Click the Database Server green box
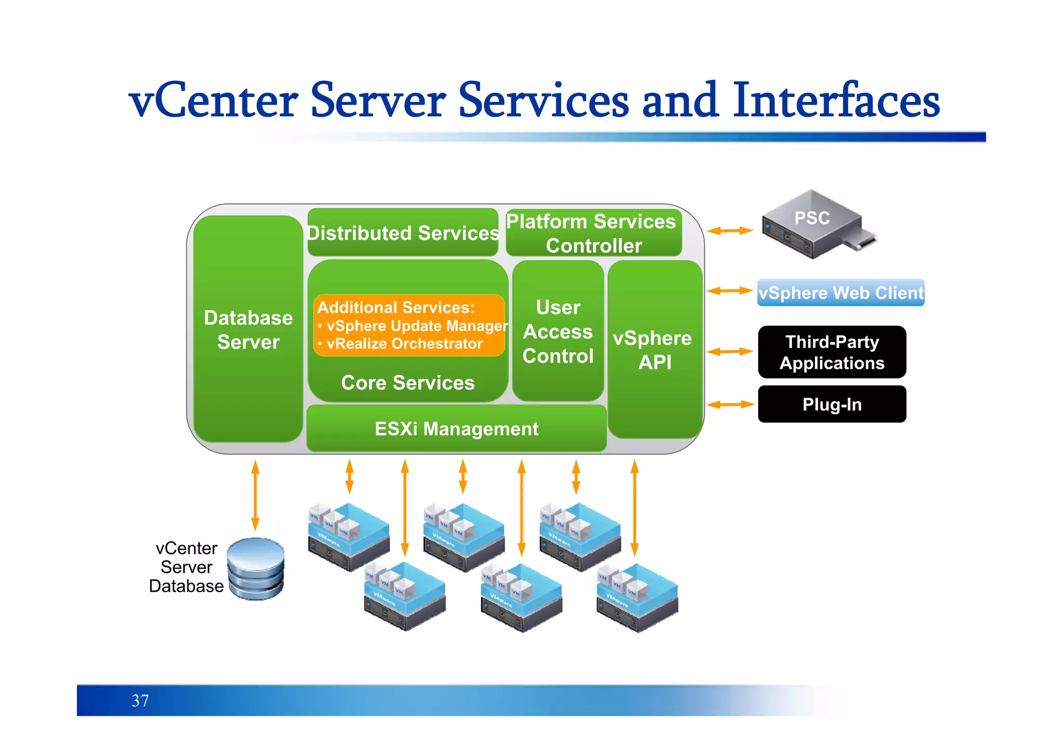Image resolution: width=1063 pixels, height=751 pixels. click(x=248, y=329)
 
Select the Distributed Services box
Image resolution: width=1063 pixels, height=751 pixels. click(x=403, y=233)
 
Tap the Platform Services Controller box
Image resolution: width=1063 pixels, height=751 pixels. click(x=593, y=233)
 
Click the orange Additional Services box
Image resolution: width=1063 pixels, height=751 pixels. click(x=409, y=325)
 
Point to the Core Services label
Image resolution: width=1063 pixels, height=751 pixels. click(x=408, y=383)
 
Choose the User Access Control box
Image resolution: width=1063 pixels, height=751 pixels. click(x=558, y=331)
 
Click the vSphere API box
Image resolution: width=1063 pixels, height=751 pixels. click(x=655, y=350)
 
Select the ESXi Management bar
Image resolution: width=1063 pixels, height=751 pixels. click(x=456, y=429)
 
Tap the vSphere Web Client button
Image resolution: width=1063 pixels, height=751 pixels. click(x=840, y=293)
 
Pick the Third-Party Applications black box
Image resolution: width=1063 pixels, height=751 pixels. click(x=832, y=352)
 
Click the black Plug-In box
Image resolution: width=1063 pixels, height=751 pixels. click(x=832, y=405)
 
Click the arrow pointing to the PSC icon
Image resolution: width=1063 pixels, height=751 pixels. click(x=729, y=231)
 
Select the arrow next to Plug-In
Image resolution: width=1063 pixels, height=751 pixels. click(x=729, y=405)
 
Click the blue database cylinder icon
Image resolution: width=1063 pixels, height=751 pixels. click(x=256, y=569)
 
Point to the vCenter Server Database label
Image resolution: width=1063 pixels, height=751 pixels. click(x=186, y=567)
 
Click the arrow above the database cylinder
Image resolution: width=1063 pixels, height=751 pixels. click(x=255, y=495)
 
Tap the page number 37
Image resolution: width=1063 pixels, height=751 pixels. click(x=140, y=701)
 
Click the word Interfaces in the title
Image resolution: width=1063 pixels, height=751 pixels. click(x=836, y=100)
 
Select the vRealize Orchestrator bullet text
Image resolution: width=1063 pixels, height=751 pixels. click(x=404, y=344)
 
